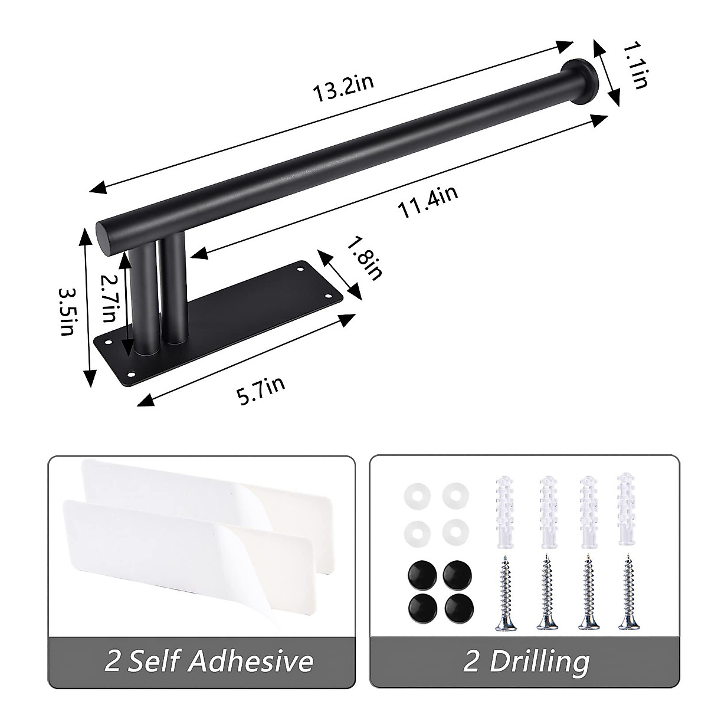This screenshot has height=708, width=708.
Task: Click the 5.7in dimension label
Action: tap(261, 391)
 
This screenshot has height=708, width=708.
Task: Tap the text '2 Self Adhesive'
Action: tap(208, 661)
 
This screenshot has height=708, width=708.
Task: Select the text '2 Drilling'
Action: tap(526, 661)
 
